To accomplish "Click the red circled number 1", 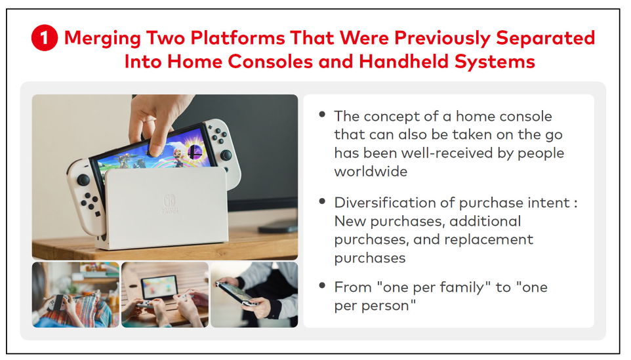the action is (x=45, y=38).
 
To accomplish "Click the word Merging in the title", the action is (x=102, y=39).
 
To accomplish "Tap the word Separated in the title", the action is (x=545, y=38).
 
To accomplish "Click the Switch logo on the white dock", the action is (x=169, y=201).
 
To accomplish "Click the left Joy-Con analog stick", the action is (x=83, y=179).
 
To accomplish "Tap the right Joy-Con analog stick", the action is (x=226, y=155).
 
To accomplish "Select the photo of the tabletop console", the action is (x=165, y=295).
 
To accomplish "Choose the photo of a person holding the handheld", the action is (x=254, y=295).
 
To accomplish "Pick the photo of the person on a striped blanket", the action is (x=75, y=295).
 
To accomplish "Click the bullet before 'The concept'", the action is (x=322, y=115).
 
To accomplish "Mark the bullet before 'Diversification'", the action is (x=322, y=201).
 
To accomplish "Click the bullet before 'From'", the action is (x=322, y=286).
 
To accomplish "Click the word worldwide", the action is (x=371, y=171).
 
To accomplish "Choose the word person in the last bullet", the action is (x=385, y=306).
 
